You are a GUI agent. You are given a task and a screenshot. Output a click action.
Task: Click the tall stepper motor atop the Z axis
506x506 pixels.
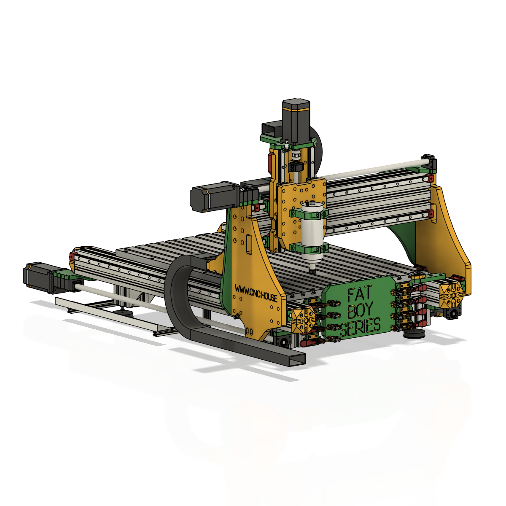[x=296, y=121]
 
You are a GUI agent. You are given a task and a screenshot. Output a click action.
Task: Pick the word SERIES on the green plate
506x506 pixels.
[x=360, y=328]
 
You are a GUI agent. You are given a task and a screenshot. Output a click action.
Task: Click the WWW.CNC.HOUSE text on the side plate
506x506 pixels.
[x=256, y=293]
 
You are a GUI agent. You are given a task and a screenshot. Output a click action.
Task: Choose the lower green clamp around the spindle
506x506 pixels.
[x=309, y=248]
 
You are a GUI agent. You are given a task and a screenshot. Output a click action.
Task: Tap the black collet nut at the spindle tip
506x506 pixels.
[x=312, y=271]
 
